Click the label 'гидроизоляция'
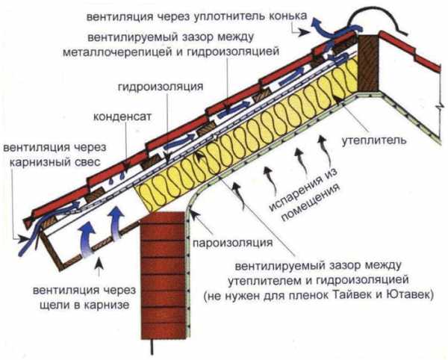tap(160, 87)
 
